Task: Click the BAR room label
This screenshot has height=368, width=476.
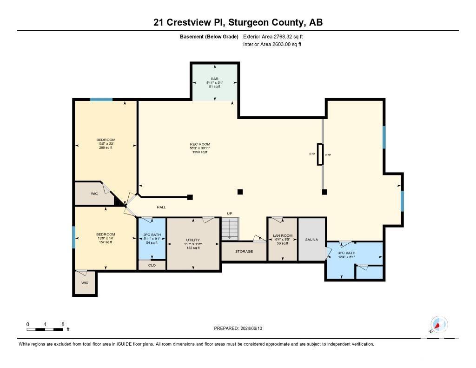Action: (x=214, y=79)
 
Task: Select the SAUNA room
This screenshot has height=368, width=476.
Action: (x=311, y=240)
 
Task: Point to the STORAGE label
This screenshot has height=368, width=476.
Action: (x=244, y=252)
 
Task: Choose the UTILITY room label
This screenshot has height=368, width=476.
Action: (x=192, y=240)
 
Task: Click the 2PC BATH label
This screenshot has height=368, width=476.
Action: (x=152, y=235)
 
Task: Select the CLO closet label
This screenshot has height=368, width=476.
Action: (x=152, y=265)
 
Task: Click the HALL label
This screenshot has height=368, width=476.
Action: (x=161, y=207)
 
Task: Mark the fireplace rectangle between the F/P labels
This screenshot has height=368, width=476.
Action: (x=320, y=154)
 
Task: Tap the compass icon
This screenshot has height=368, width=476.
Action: (x=439, y=325)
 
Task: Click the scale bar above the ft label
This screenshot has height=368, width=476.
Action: (x=45, y=329)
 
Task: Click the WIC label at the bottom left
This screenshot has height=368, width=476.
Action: (x=84, y=283)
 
